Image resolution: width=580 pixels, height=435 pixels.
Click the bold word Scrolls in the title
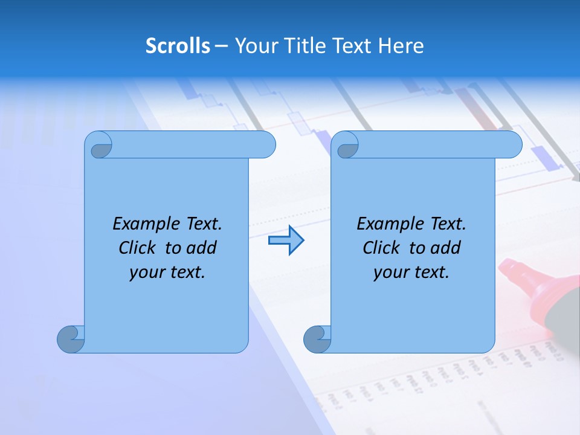178,46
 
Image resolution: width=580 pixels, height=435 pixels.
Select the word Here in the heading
401,46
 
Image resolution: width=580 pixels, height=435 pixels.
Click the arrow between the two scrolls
286,241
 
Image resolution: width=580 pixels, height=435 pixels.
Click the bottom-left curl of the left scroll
71,338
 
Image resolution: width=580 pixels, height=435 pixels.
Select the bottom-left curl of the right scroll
317,338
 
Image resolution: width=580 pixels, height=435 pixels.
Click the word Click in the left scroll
137,248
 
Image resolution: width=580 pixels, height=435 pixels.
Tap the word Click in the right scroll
381,248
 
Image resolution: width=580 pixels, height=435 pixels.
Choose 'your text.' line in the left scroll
167,272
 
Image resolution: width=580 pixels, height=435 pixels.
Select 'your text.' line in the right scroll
411,272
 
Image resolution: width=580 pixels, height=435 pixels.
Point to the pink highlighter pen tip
512,270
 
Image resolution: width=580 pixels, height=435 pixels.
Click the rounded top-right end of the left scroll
266,145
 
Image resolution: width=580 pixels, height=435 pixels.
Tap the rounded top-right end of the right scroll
512,145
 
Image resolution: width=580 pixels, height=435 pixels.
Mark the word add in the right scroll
446,248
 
